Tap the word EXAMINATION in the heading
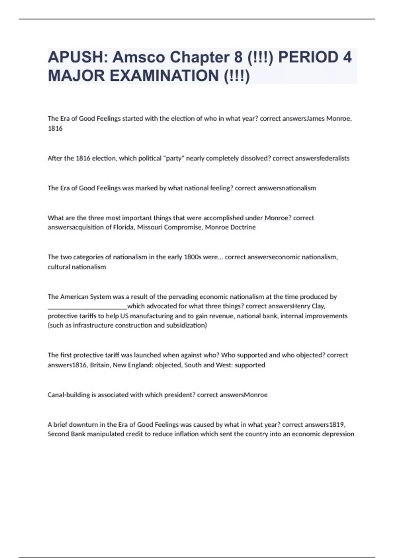point(164,76)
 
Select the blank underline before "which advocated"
point(87,307)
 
